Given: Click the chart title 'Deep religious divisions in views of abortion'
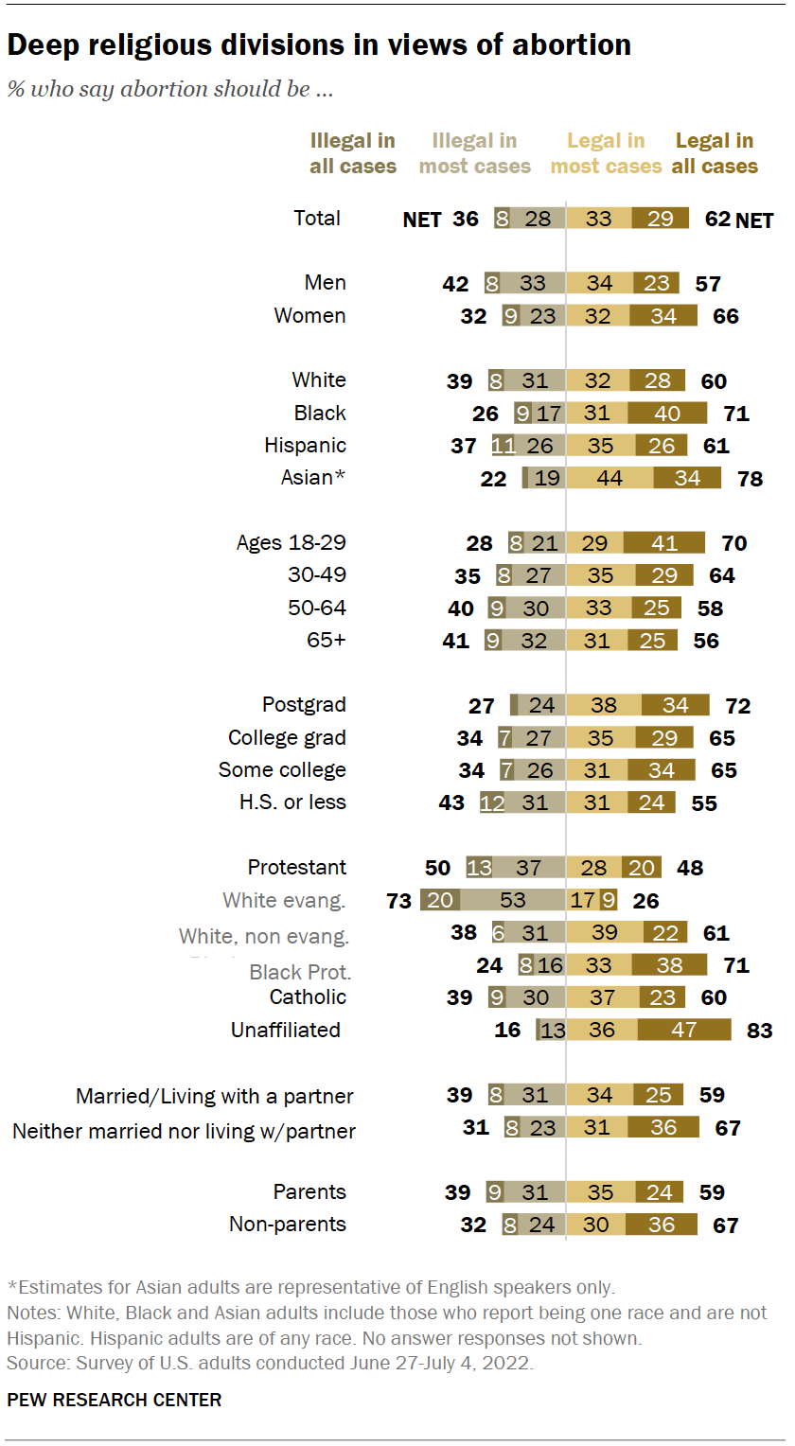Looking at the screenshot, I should pos(319,44).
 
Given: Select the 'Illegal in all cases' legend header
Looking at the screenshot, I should pos(353,153).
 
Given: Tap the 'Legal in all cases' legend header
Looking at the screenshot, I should pos(715,153).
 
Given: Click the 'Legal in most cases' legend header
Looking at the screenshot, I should pos(606,153).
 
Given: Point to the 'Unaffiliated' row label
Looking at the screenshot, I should pos(286,1030).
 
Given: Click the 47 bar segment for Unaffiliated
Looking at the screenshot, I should pos(684,1030).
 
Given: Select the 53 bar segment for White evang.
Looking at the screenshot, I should pos(512,900).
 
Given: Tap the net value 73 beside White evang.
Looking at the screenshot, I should pos(399,900).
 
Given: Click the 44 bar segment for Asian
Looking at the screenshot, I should pos(609,478).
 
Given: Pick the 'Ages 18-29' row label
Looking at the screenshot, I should pos(291,542).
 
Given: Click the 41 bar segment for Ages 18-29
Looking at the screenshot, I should pos(663,542).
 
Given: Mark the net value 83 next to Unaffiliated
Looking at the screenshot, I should pos(759,1030).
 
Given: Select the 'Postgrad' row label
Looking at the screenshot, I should pos(304,704).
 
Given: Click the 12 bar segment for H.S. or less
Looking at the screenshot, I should pos(492,802).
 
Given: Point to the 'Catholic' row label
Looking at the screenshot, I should pos(308,996).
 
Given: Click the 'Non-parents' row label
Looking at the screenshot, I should pos(288,1224).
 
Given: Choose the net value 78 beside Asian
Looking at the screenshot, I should pos(750,478).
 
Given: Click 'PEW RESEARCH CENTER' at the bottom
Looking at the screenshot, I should pos(115,1400).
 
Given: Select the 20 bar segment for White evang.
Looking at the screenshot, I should pos(440,900).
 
